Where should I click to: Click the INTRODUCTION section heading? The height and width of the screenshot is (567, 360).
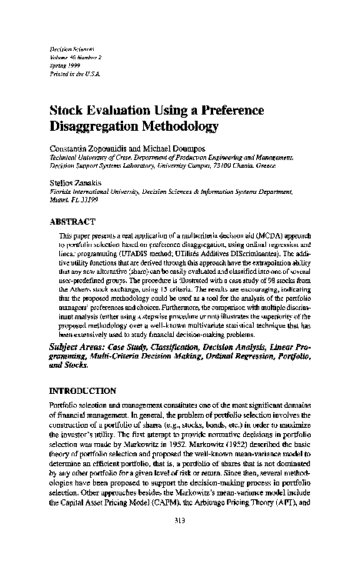[86, 390]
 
